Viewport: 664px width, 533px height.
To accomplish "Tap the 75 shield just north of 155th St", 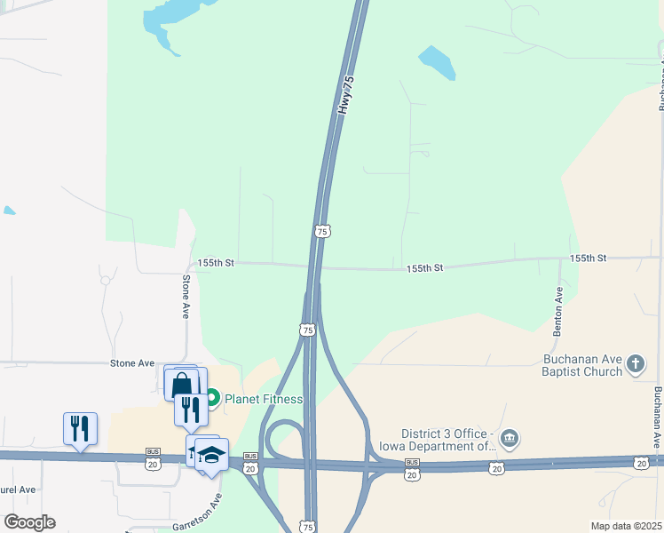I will tap(323, 231).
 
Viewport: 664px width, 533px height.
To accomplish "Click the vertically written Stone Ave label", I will tap(186, 297).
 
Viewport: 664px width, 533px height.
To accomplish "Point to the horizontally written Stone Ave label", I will tap(132, 363).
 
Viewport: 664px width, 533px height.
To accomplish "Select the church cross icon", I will tap(636, 363).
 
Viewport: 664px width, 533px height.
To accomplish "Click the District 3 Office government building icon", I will tap(510, 437).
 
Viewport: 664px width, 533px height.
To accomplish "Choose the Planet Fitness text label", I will tap(264, 399).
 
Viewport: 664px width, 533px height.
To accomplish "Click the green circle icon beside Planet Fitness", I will tap(212, 399).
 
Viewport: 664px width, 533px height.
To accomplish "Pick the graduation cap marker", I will tap(212, 455).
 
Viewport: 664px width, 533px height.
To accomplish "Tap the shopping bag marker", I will tap(182, 384).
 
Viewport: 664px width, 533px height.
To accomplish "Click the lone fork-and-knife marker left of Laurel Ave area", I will tap(80, 428).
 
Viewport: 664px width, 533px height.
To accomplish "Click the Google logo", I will tap(29, 522).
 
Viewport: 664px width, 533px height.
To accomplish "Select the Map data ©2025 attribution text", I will tap(626, 526).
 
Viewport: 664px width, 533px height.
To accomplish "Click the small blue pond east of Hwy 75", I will tap(437, 62).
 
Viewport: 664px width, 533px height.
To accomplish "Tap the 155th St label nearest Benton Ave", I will tap(588, 258).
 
